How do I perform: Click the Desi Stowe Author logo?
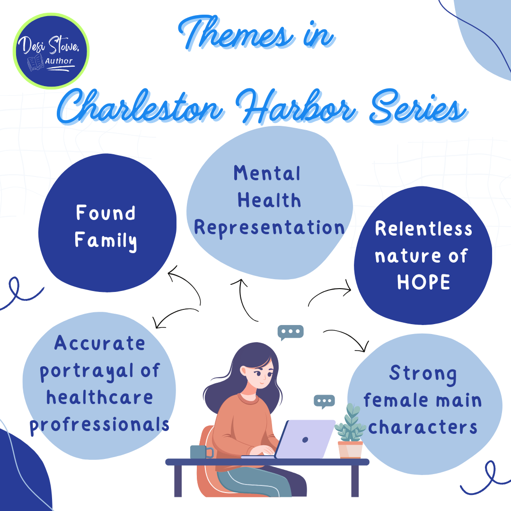point(51,51)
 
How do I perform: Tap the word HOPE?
point(423,282)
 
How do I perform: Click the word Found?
point(106,213)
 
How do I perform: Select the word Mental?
point(267,173)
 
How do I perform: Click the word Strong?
point(423,374)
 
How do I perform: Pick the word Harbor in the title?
point(296,106)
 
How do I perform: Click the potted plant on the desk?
point(350,431)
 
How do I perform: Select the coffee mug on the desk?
point(202,452)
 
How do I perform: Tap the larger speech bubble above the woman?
point(291,332)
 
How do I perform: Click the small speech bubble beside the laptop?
point(324,402)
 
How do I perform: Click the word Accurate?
point(100,343)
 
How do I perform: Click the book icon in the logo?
point(35,62)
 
